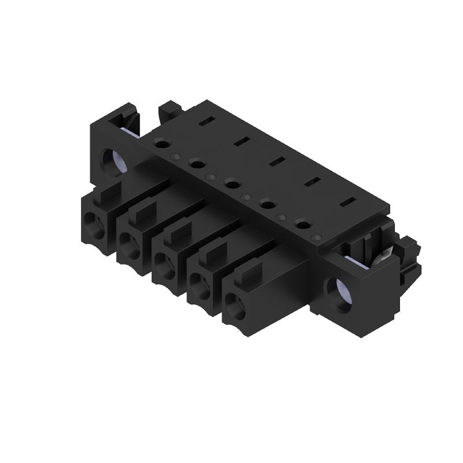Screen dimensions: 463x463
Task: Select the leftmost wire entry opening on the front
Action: coord(94,222)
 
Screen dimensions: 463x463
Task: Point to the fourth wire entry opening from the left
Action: coord(200,284)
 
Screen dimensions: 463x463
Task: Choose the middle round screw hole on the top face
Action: coord(233,184)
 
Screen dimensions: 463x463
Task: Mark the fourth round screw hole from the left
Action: coord(267,203)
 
